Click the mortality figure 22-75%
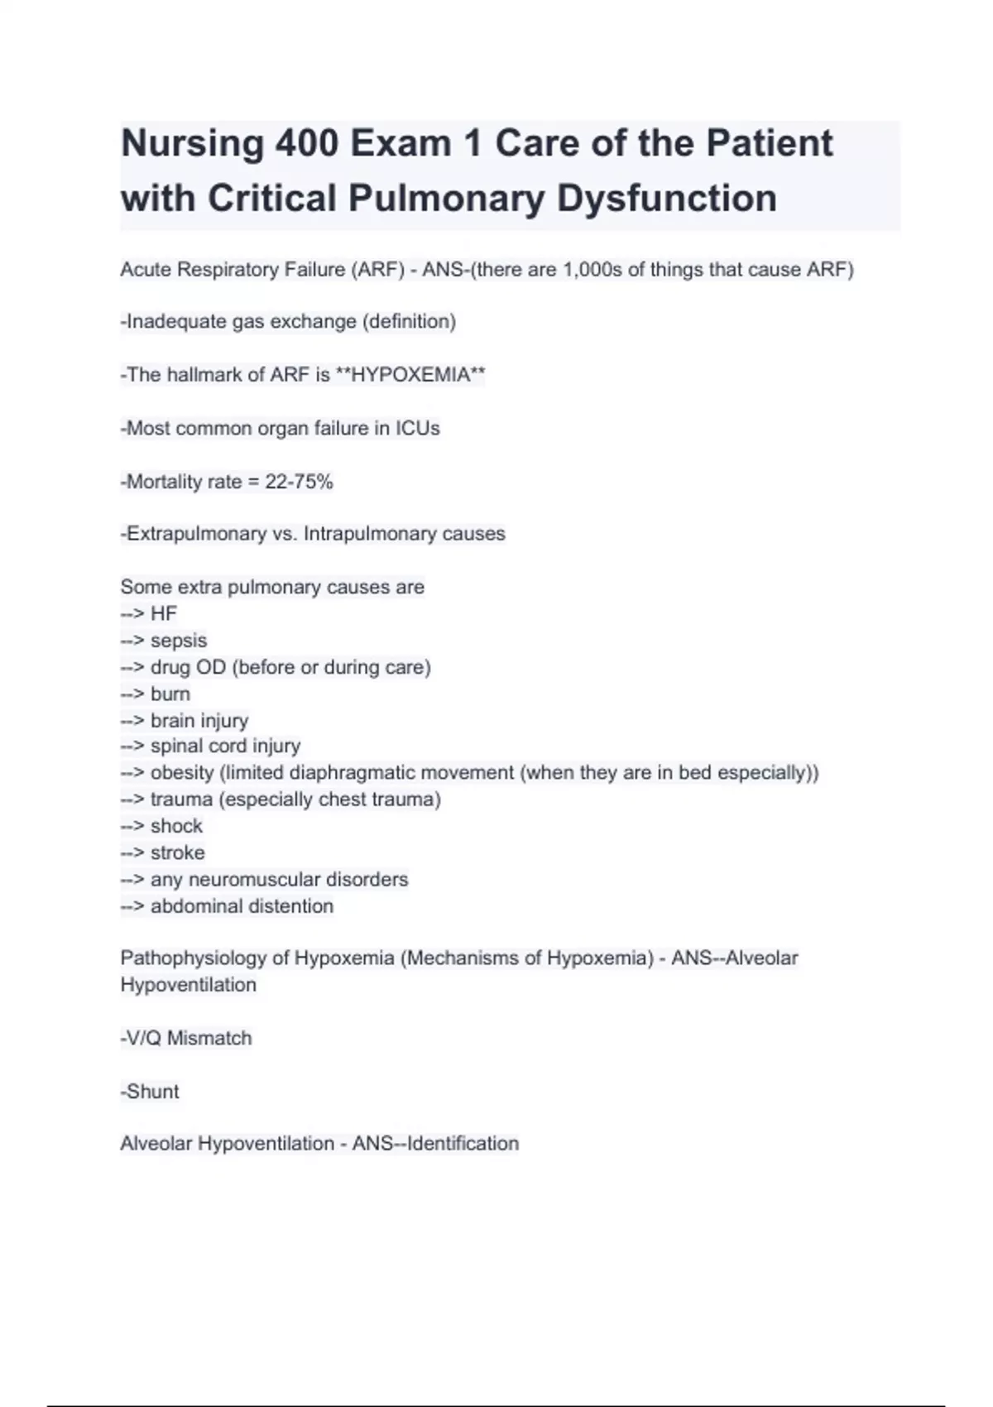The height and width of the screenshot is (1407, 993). coord(299,482)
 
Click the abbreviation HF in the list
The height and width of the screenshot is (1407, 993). coord(164,613)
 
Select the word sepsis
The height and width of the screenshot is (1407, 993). coord(179,641)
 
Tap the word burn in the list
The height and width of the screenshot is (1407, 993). coord(170,694)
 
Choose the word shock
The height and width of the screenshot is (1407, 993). coord(176,826)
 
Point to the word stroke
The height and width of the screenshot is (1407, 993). coord(177,852)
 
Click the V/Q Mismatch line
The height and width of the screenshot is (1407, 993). coord(187,1038)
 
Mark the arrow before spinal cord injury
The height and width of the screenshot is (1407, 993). coord(132,747)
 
